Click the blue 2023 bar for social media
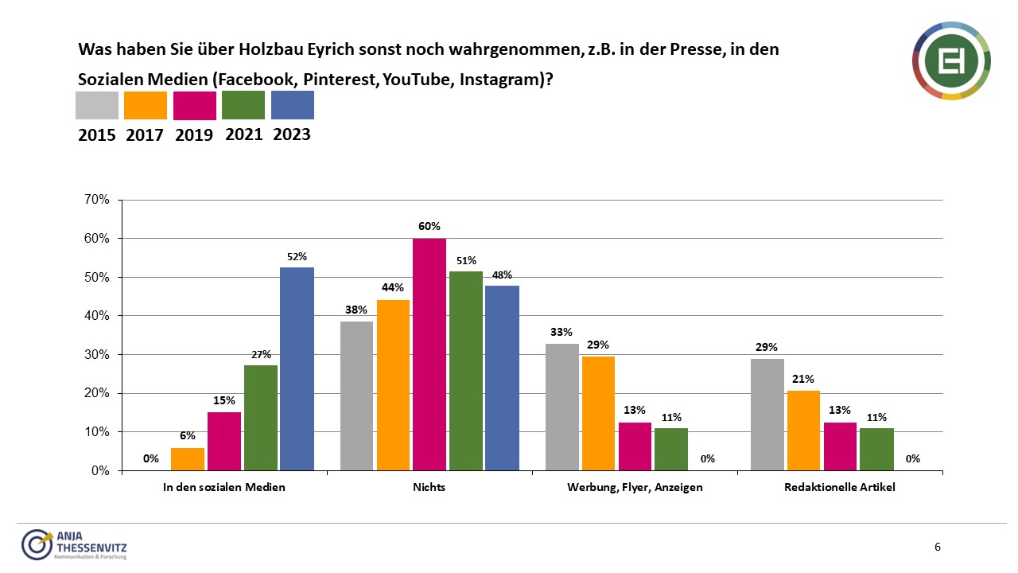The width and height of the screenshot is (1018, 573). click(x=297, y=368)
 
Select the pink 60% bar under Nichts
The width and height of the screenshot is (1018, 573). click(x=429, y=354)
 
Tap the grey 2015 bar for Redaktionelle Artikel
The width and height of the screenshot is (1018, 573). click(x=767, y=415)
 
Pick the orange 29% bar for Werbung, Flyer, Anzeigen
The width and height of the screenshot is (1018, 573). click(x=598, y=413)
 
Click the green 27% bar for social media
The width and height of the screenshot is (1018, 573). click(x=261, y=418)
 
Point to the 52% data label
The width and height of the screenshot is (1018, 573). click(x=297, y=257)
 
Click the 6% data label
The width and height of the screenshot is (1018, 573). click(x=188, y=436)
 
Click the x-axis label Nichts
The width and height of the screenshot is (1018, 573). click(x=429, y=487)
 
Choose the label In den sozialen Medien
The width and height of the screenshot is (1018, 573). click(x=224, y=487)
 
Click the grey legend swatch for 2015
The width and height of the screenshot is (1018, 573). click(x=97, y=105)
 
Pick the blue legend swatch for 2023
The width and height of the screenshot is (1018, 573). click(x=293, y=105)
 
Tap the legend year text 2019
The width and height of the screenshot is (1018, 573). click(x=194, y=135)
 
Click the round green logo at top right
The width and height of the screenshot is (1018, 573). click(x=951, y=61)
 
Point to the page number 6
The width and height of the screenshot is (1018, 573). click(x=938, y=547)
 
